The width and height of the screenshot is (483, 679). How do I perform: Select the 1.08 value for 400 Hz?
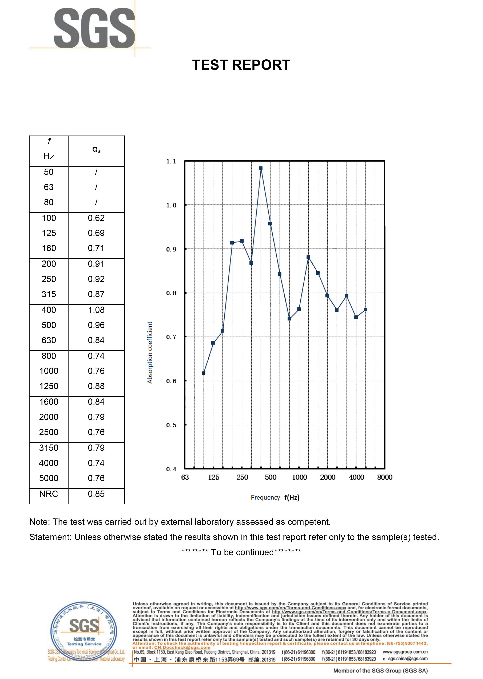point(96,310)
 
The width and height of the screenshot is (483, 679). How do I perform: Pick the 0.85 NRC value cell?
point(96,494)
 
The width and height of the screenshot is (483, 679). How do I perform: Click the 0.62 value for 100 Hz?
point(96,218)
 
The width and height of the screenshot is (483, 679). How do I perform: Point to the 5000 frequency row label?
point(49,478)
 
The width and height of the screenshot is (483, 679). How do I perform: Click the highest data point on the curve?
point(261,168)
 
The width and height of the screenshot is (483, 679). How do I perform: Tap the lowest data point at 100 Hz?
point(203,373)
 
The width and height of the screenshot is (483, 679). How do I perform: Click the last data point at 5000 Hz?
point(366,310)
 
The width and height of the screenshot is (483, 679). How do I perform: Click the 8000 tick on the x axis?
point(385,477)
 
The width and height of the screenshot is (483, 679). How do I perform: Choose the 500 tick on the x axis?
point(271,477)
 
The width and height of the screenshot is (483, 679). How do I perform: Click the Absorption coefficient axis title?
point(150,352)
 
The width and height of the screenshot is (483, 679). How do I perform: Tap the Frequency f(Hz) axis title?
point(275,498)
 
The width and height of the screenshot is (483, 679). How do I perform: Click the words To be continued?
point(242,552)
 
